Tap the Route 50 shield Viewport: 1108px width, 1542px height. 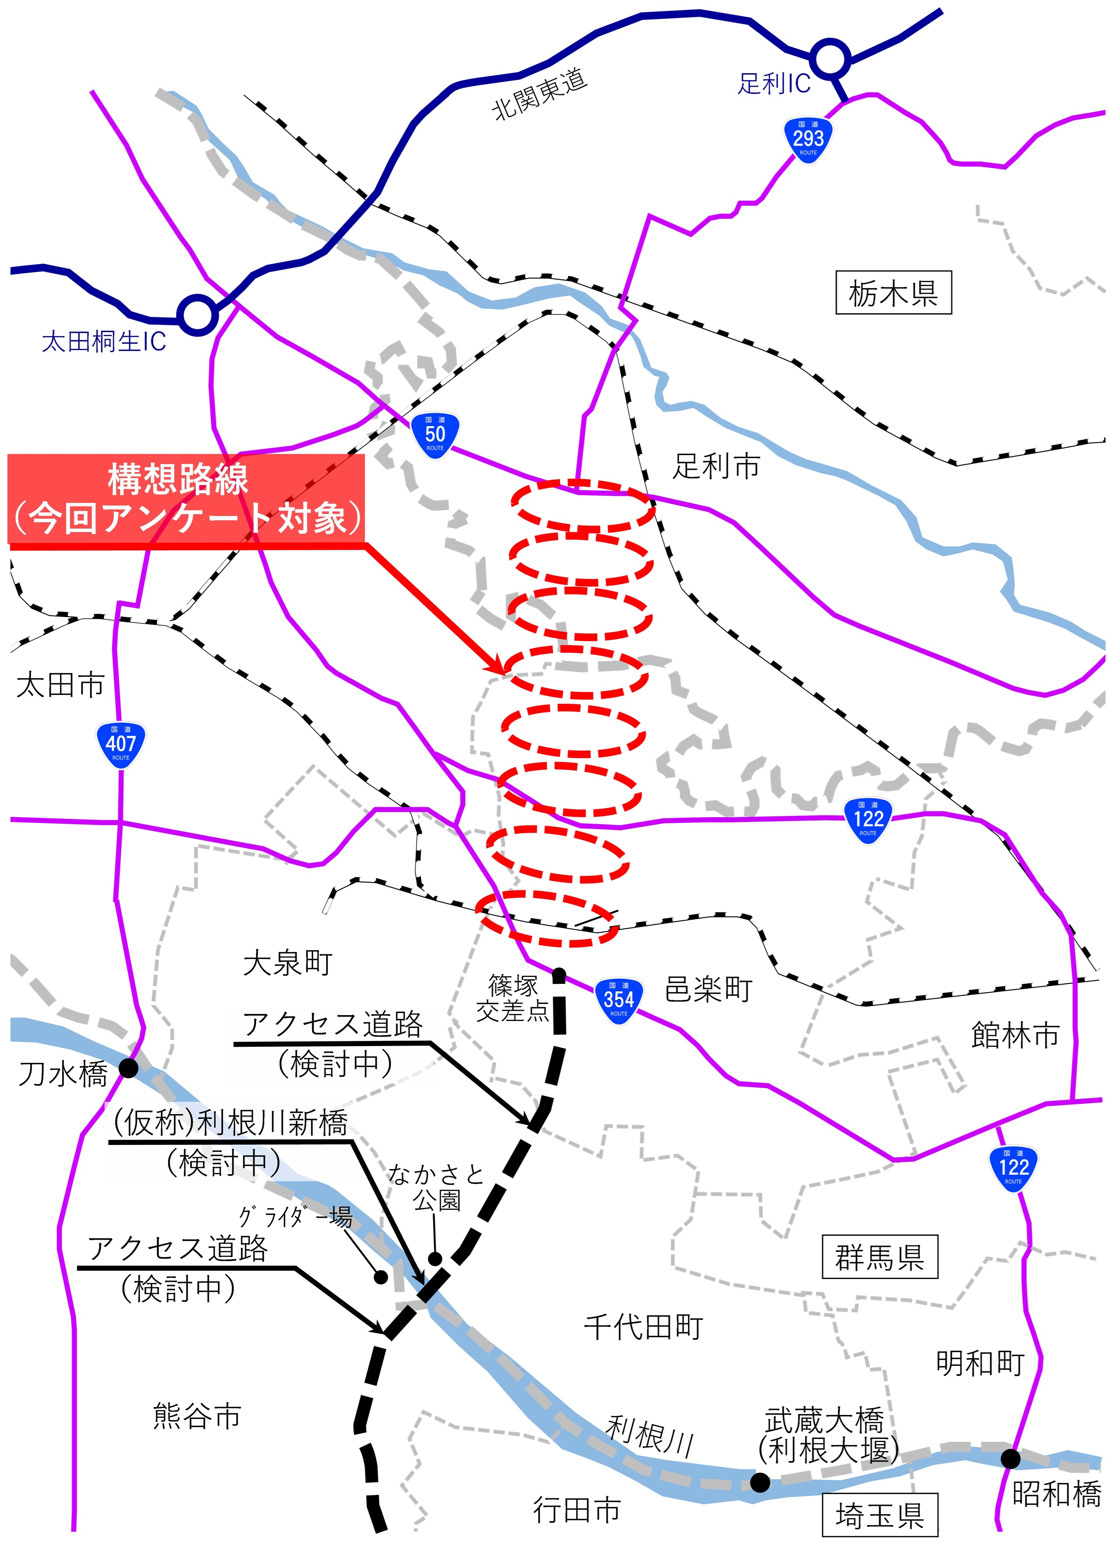(x=435, y=435)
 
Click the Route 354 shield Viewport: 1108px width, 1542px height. (x=619, y=1001)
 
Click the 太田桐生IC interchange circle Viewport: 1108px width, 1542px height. (x=197, y=314)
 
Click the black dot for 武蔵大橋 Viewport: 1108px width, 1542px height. (x=760, y=1482)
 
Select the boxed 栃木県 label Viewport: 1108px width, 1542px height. (x=893, y=293)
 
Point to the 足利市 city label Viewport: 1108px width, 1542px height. (x=716, y=466)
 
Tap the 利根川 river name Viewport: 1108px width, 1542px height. (x=649, y=1435)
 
